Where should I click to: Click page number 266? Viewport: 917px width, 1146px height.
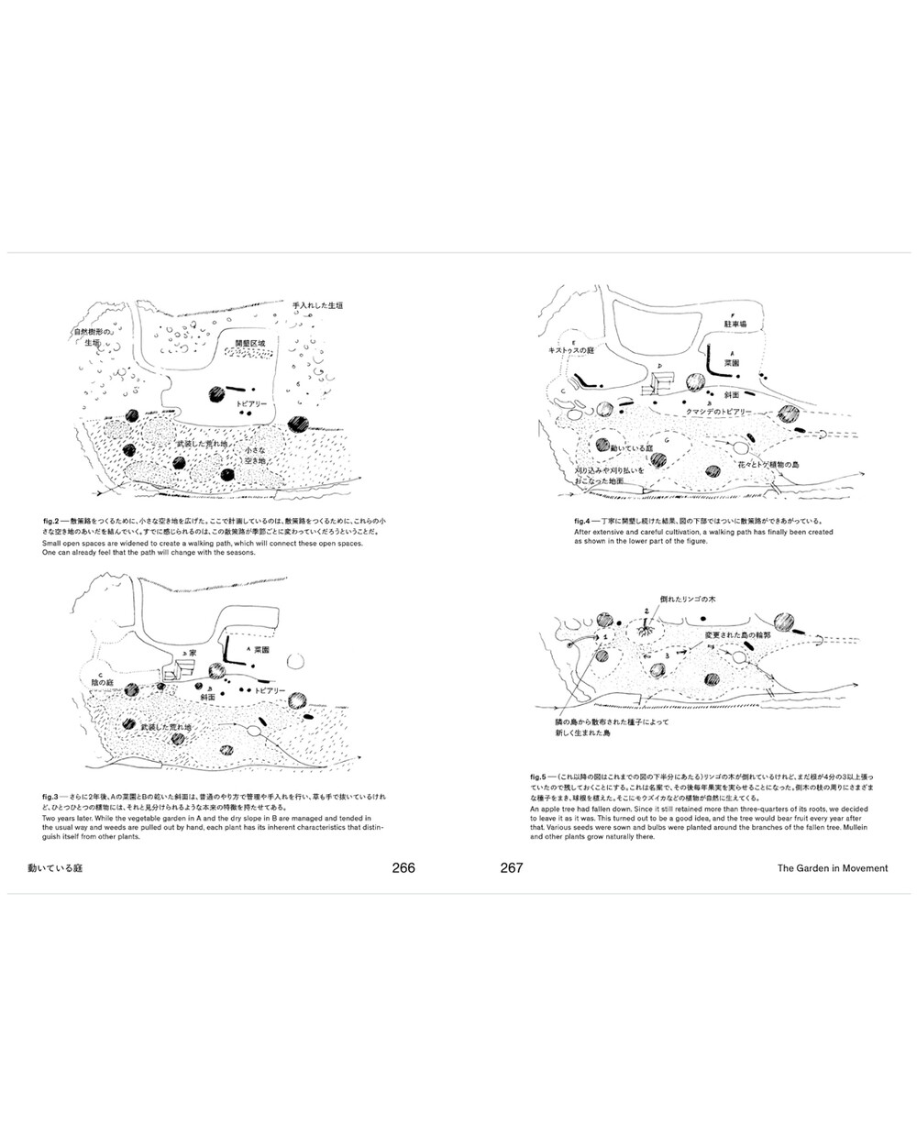(403, 868)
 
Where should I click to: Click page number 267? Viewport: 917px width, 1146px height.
(512, 868)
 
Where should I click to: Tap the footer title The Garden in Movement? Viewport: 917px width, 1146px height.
(832, 868)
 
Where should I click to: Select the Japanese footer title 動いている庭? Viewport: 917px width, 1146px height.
(55, 868)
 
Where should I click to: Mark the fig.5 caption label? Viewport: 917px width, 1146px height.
(541, 777)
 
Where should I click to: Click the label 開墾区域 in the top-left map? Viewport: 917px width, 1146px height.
(250, 342)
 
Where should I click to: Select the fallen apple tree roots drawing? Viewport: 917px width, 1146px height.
(649, 630)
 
